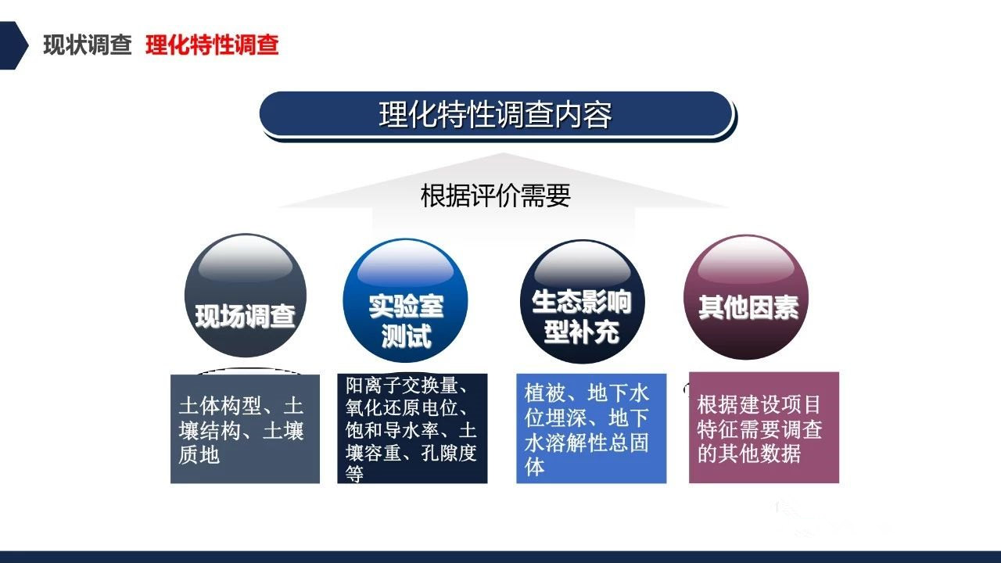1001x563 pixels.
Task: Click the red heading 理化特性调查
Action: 212,45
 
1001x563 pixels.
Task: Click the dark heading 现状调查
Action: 88,45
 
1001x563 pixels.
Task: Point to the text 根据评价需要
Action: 496,195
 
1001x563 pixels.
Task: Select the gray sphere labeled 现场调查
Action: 246,295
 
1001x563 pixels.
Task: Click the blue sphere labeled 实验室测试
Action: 405,300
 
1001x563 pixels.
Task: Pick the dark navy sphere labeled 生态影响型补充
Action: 583,301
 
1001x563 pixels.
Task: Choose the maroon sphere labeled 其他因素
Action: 746,297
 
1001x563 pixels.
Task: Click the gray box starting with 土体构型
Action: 246,429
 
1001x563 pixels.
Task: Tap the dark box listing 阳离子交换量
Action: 412,429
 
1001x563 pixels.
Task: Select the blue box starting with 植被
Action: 591,429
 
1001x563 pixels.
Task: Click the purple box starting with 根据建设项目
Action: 764,428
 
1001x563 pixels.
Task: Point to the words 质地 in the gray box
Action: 199,455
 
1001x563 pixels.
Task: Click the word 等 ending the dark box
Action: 354,474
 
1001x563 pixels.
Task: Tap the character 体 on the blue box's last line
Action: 534,467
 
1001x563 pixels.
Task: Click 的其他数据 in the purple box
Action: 749,454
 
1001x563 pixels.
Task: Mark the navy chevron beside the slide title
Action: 14,45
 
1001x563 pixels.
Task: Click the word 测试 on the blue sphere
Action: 406,335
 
